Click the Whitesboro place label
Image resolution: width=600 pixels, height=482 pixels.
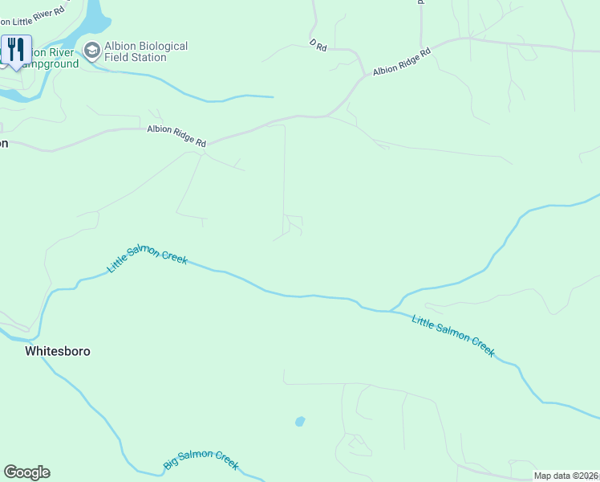[57, 351]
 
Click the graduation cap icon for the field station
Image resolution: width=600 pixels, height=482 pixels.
[91, 51]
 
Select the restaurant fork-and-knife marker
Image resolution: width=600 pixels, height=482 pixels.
[16, 51]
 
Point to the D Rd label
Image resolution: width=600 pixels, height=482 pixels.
[318, 47]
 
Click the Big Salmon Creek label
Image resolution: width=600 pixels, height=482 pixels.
[201, 460]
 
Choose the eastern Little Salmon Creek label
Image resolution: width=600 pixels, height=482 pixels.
[453, 336]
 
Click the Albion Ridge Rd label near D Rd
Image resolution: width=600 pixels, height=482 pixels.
[402, 62]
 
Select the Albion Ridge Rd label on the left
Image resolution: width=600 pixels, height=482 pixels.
[176, 136]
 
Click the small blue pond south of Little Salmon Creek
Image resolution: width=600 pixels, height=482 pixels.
[300, 421]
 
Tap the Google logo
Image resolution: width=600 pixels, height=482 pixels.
[26, 472]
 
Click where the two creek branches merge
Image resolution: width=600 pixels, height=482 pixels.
[391, 309]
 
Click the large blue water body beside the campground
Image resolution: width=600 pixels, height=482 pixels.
[91, 20]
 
